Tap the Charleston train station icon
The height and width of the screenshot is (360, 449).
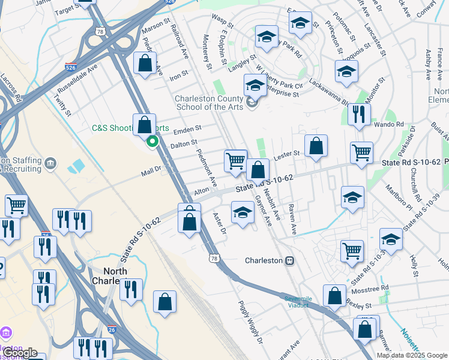289,260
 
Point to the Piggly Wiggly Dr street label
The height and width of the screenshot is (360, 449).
251,322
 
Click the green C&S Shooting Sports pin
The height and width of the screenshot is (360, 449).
152,142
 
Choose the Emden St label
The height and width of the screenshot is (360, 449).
187,130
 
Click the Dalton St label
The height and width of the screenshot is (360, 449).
184,144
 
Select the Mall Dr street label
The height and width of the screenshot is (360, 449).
151,171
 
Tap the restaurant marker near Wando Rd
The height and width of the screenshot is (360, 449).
359,115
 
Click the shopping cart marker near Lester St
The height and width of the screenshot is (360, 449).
235,160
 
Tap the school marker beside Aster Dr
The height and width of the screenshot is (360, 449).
243,213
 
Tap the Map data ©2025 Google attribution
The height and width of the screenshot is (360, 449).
411,355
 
